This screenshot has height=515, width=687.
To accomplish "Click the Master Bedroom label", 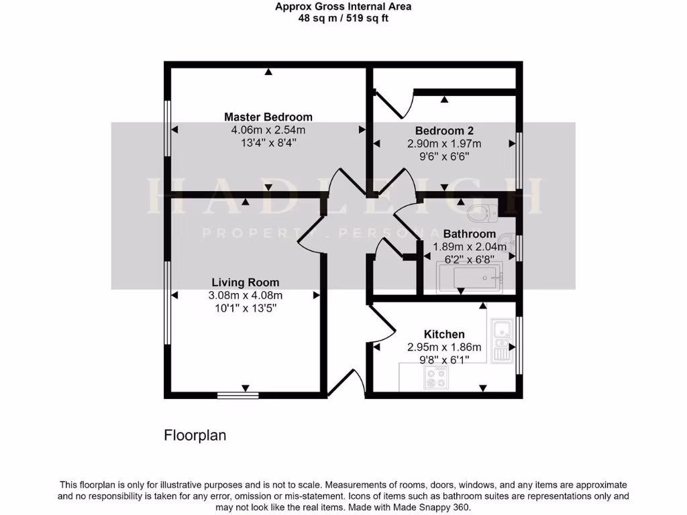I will tap(268, 117).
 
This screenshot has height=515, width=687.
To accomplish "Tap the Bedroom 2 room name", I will tap(443, 131).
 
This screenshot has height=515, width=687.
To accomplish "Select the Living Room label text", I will tap(246, 282).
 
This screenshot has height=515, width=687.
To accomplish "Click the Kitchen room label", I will tap(444, 334).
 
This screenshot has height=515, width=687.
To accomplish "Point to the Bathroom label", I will tap(469, 234).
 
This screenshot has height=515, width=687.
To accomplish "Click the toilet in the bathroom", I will tap(481, 214).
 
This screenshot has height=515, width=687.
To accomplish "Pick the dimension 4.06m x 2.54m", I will tap(268, 130).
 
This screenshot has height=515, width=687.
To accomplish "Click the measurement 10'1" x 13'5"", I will tap(246, 308).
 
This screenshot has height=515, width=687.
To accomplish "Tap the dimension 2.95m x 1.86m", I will tap(444, 347).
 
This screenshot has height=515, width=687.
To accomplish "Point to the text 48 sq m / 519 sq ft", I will tap(343, 19).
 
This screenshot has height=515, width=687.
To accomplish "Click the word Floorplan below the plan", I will tap(195, 435).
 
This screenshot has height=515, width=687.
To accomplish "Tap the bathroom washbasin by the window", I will tap(509, 242).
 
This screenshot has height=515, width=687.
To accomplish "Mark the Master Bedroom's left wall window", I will tap(168, 129).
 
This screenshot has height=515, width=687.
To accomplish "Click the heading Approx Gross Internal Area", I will tap(343, 7).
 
